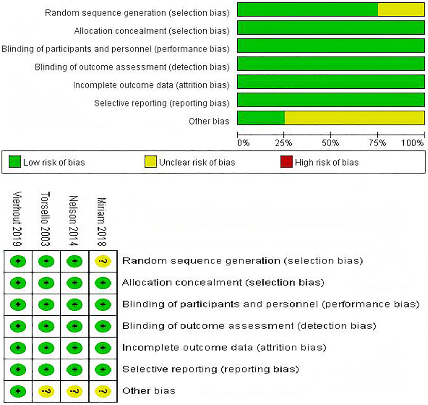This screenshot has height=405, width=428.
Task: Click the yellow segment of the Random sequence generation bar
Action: pos(401,9)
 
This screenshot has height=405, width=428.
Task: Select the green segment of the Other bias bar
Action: pos(261,118)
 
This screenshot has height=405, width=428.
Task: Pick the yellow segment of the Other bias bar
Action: pos(354,118)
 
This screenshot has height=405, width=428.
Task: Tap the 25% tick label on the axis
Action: pos(284,143)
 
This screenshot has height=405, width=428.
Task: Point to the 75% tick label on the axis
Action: pos(377,143)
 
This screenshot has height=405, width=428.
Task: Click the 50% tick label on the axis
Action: pos(330,143)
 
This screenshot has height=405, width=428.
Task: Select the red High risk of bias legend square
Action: pos(286,162)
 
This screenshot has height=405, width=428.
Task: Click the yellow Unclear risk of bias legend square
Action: pos(150,162)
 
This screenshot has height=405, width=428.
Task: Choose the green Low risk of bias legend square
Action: pos(15,162)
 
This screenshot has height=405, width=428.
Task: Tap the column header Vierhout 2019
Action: pos(17,219)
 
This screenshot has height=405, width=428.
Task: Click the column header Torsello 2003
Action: pos(46,219)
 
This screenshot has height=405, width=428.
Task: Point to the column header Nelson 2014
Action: pos(74,221)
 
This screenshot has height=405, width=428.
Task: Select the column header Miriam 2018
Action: pos(102,222)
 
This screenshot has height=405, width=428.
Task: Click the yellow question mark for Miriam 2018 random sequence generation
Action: pos(103,261)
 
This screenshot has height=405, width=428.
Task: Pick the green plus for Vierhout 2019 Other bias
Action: pos(18,391)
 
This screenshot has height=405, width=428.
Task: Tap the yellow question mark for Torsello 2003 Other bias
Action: pos(46,391)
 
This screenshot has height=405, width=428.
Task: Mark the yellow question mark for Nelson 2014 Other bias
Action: pos(74,391)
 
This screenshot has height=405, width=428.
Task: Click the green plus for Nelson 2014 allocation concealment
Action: pos(74,283)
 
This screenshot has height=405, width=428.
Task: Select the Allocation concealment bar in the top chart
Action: pos(331,28)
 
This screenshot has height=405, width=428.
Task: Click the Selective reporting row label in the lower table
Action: pos(211,369)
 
